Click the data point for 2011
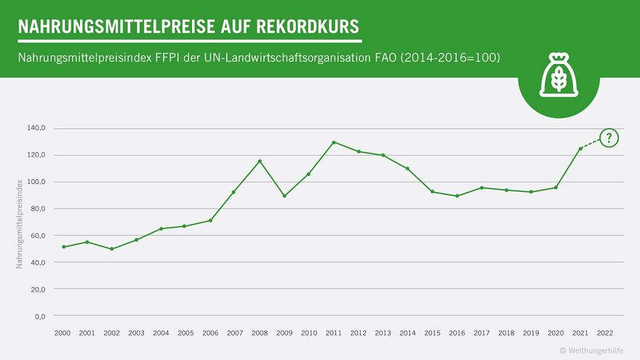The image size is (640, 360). click(334, 143)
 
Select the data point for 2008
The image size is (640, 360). click(260, 161)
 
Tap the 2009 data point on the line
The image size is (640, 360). click(284, 196)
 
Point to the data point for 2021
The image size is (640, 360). click(580, 149)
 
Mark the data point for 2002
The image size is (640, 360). click(112, 249)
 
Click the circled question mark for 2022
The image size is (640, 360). click(609, 137)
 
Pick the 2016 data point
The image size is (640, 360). click(457, 196)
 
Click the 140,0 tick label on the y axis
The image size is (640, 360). click(36, 128)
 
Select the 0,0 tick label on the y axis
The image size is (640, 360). click(40, 316)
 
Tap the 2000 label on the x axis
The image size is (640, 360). click(63, 332)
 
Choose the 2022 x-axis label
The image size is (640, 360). click(604, 332)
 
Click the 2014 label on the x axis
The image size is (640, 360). click(407, 332)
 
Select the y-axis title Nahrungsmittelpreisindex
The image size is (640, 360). click(20, 222)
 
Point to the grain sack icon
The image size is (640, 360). click(559, 75)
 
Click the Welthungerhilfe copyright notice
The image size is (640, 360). click(591, 351)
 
